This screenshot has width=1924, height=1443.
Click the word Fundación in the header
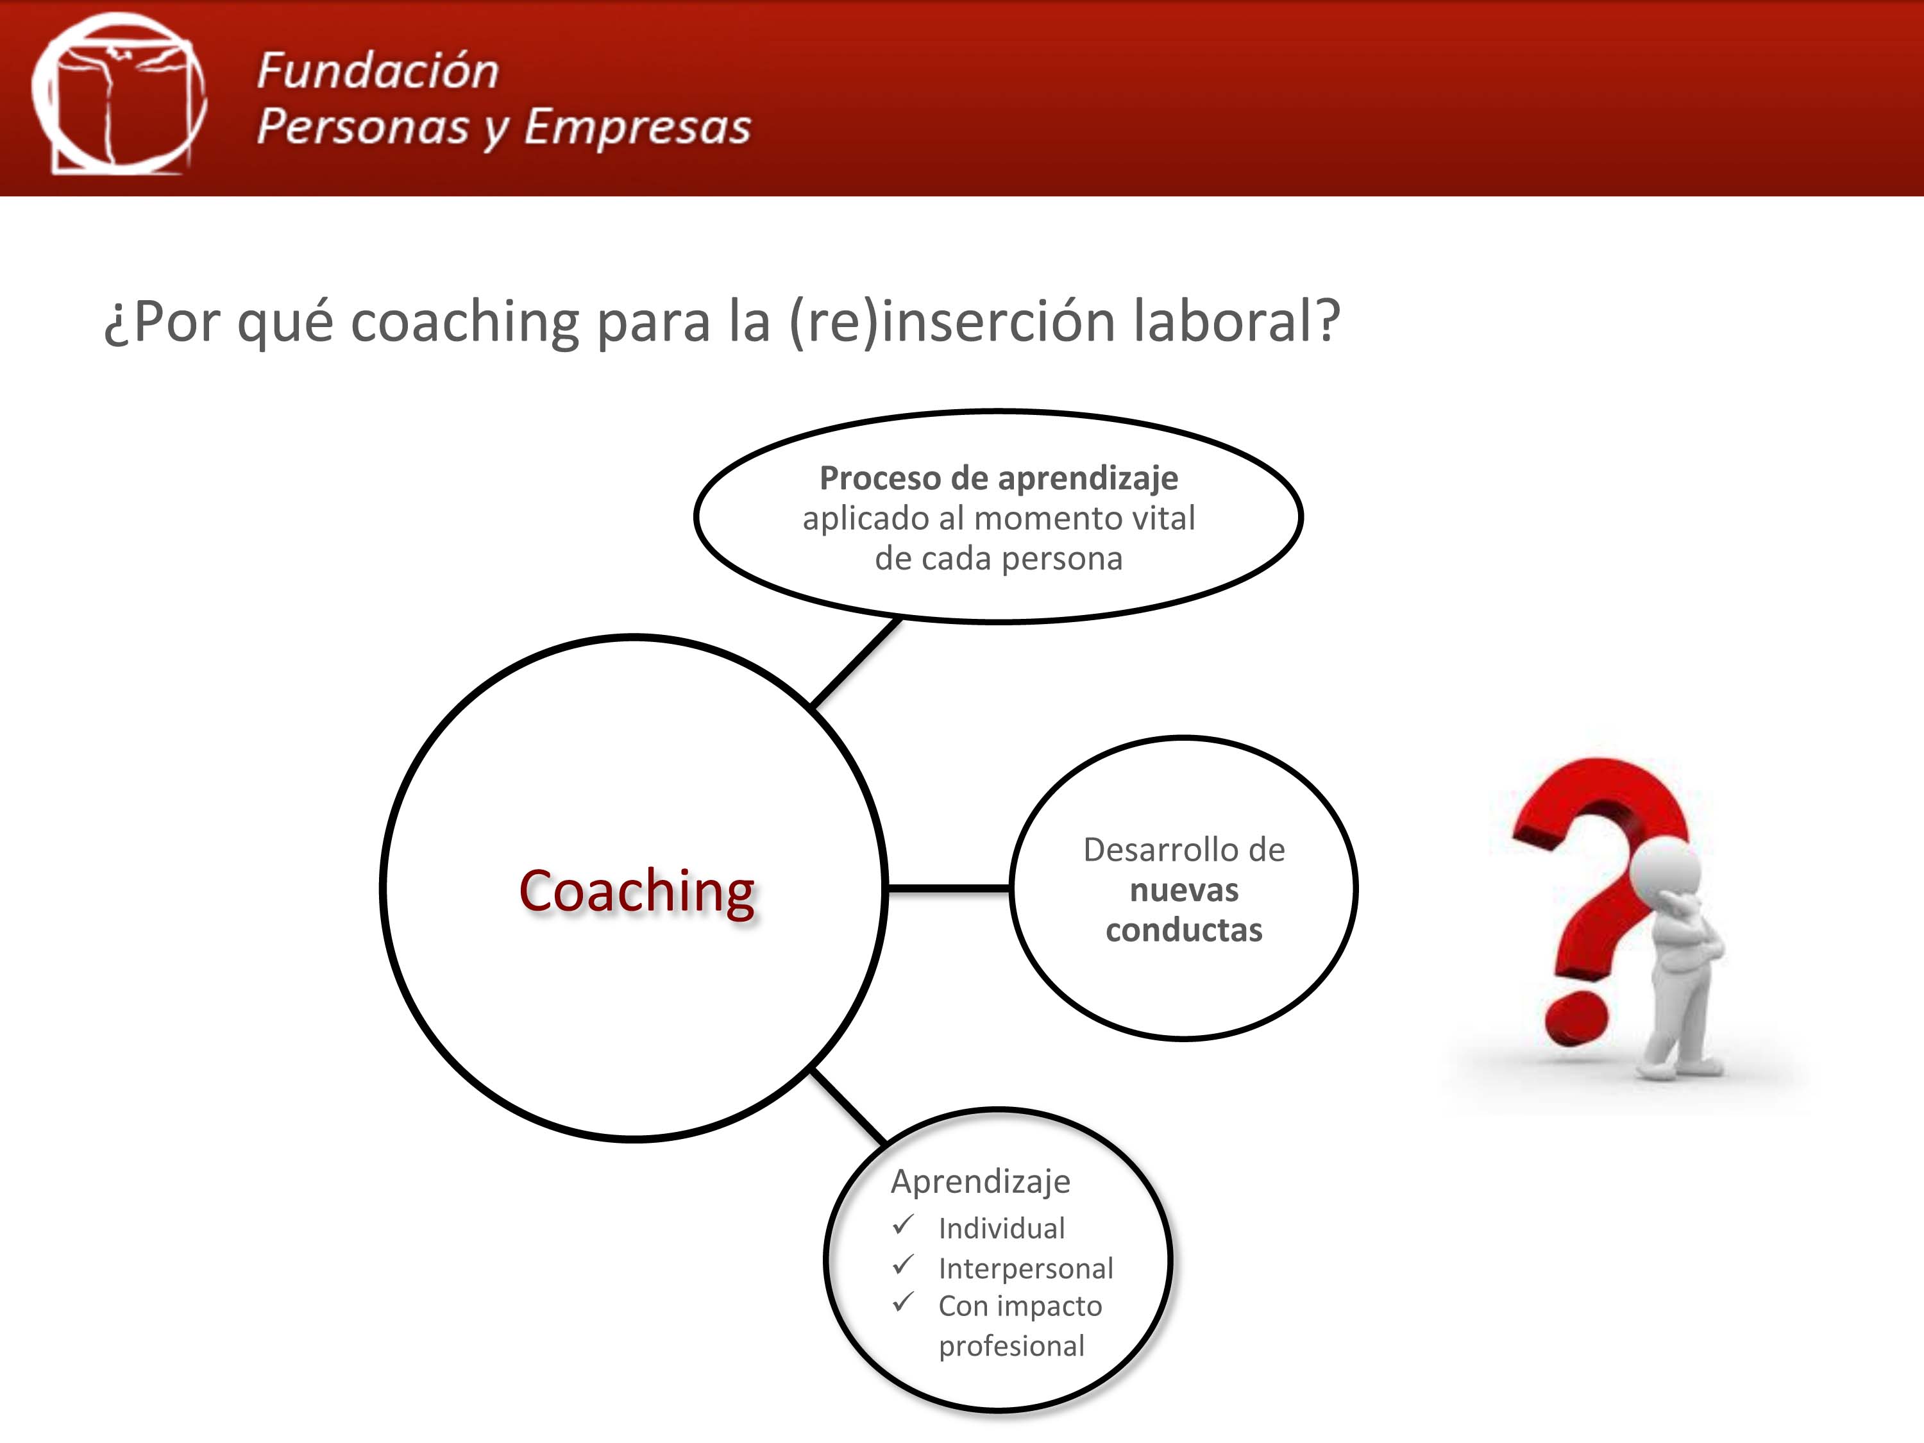pyautogui.click(x=378, y=71)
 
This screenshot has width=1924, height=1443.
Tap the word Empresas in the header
pyautogui.click(x=637, y=126)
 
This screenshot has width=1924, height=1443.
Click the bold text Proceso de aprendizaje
pyautogui.click(x=999, y=478)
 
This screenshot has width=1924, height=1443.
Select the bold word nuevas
pyautogui.click(x=1184, y=890)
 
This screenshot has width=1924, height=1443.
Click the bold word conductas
pyautogui.click(x=1184, y=930)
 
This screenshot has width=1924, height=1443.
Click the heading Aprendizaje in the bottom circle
pyautogui.click(x=980, y=1181)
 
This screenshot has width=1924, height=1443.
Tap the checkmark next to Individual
pyautogui.click(x=903, y=1225)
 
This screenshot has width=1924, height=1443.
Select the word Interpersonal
pyautogui.click(x=1025, y=1268)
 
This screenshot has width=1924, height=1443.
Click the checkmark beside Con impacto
pyautogui.click(x=903, y=1302)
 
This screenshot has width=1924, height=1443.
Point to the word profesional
pyautogui.click(x=1011, y=1346)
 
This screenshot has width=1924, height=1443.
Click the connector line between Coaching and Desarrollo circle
pyautogui.click(x=948, y=888)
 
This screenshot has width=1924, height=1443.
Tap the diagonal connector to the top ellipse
pyautogui.click(x=855, y=662)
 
